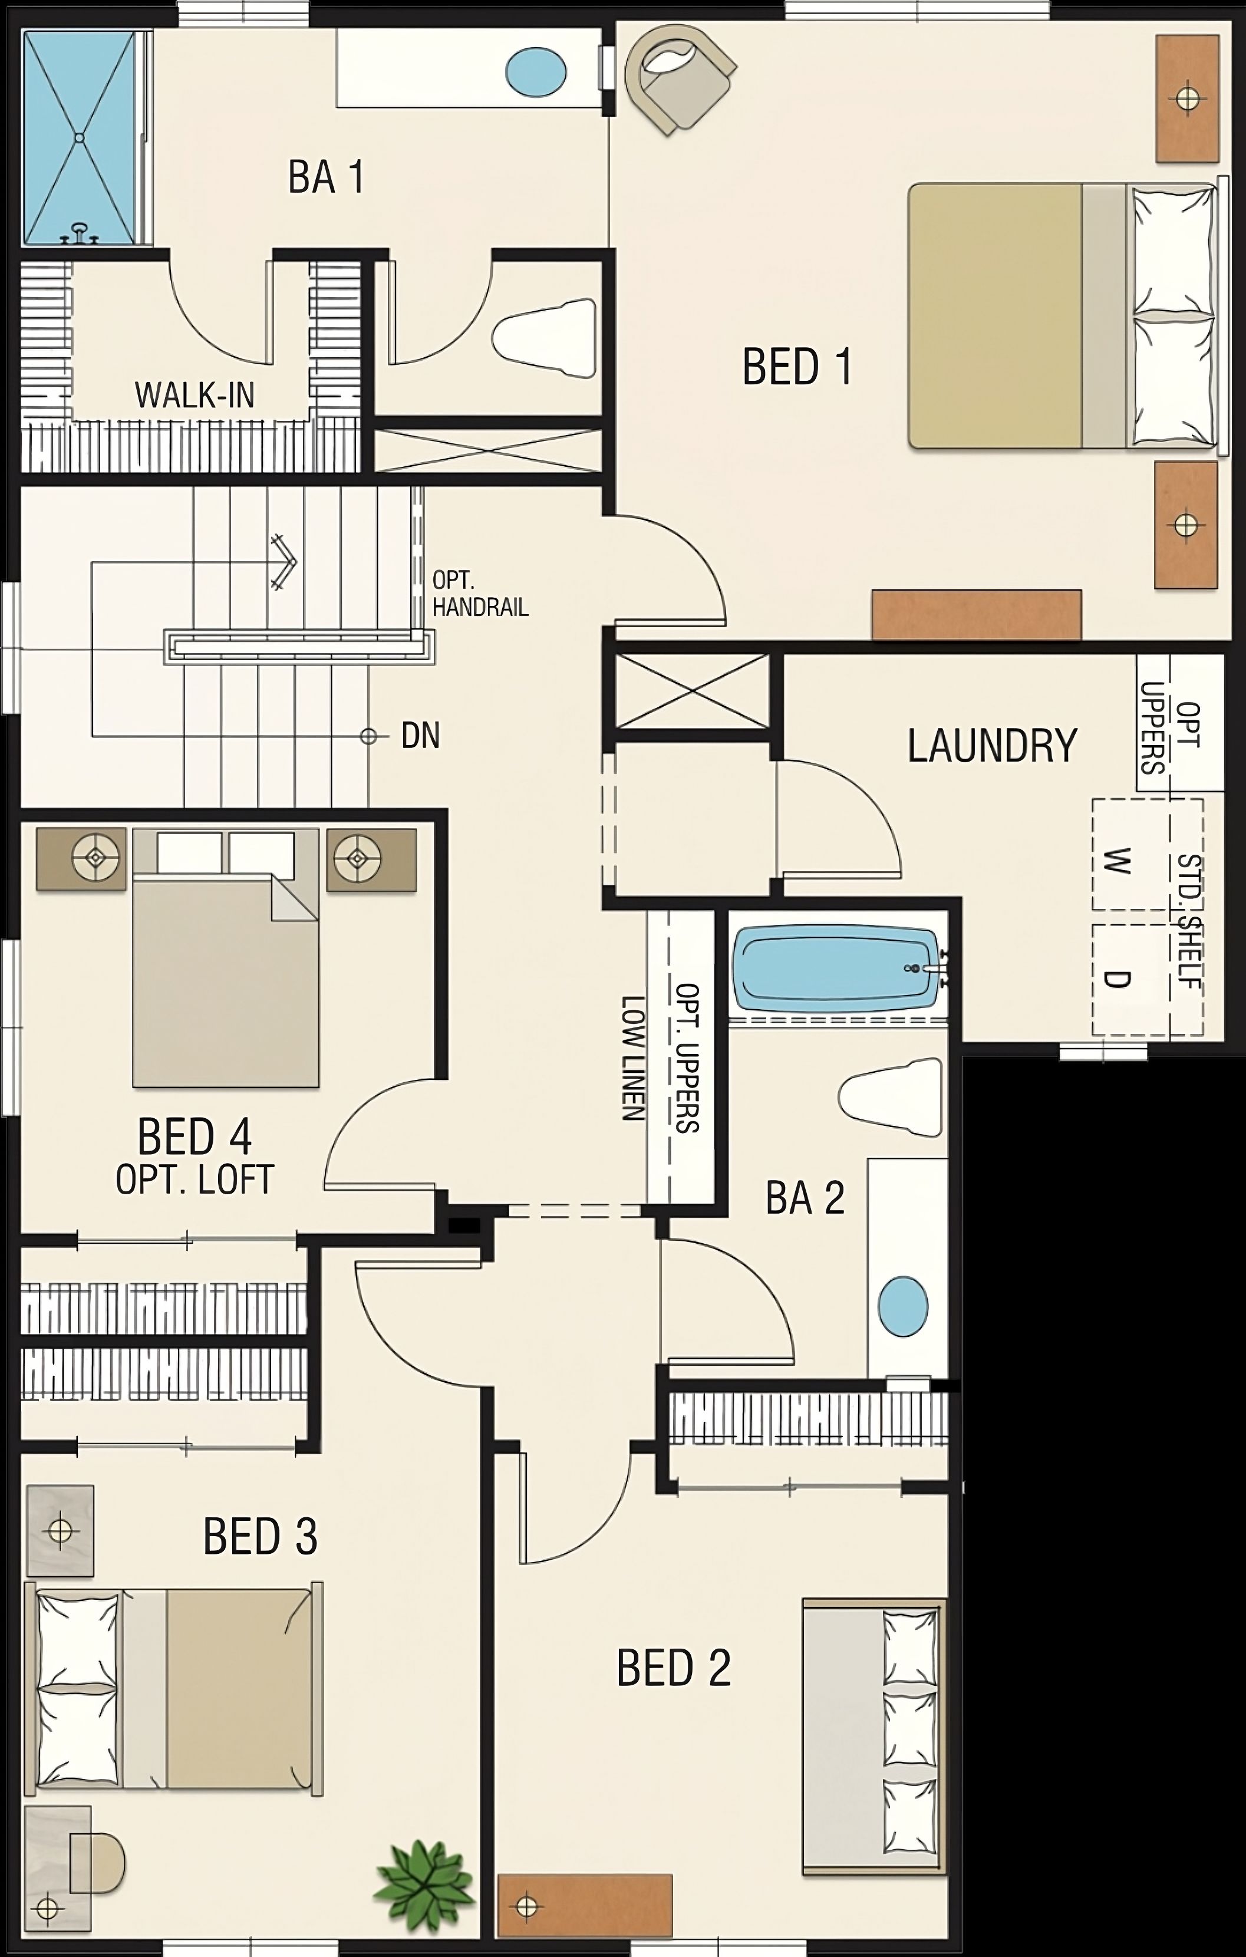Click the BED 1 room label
tap(797, 367)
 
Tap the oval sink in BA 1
tap(536, 71)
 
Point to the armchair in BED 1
tap(677, 79)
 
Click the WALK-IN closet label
tap(195, 396)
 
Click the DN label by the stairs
tap(420, 736)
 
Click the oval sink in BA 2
tap(903, 1306)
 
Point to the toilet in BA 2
tap(892, 1097)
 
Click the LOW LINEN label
tap(633, 1058)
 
